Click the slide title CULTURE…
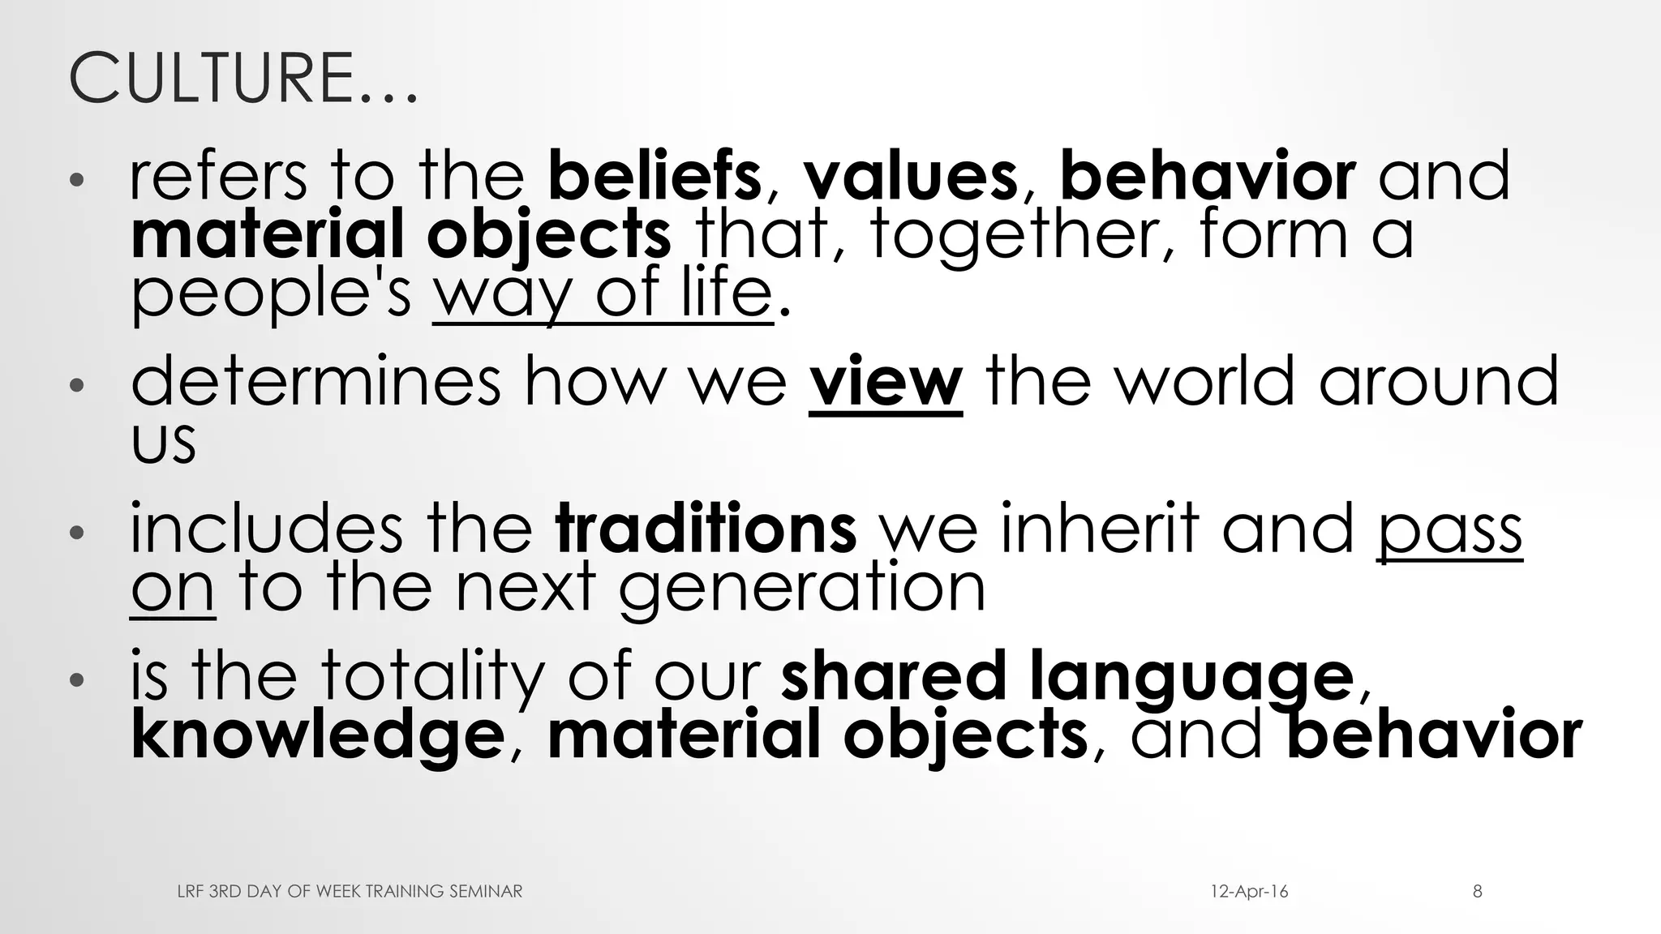[243, 79]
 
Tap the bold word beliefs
[655, 176]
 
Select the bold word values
[910, 176]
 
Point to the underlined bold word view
[886, 383]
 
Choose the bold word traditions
[706, 529]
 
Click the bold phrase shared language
[1067, 677]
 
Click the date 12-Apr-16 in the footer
[1249, 892]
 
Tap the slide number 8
[1478, 892]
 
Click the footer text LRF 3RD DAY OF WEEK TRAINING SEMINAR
[350, 892]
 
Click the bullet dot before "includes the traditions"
[76, 533]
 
